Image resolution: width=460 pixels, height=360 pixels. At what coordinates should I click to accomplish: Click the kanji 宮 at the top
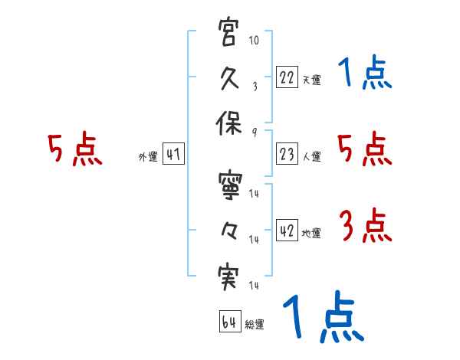click(230, 35)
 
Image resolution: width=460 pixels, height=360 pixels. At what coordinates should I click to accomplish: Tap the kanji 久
click(230, 79)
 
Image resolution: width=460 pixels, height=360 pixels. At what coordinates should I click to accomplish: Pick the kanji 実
click(230, 277)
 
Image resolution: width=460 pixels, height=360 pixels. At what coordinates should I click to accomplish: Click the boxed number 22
click(286, 77)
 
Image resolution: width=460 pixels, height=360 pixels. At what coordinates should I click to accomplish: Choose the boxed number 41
click(173, 155)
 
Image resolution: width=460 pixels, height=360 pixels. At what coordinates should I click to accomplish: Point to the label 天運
click(311, 80)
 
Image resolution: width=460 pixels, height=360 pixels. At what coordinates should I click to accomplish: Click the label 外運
click(147, 157)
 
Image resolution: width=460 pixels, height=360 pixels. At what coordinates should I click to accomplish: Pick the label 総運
click(255, 325)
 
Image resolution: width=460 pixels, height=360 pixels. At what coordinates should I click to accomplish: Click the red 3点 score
click(365, 226)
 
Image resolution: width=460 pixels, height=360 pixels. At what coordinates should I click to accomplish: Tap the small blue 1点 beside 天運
click(365, 74)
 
